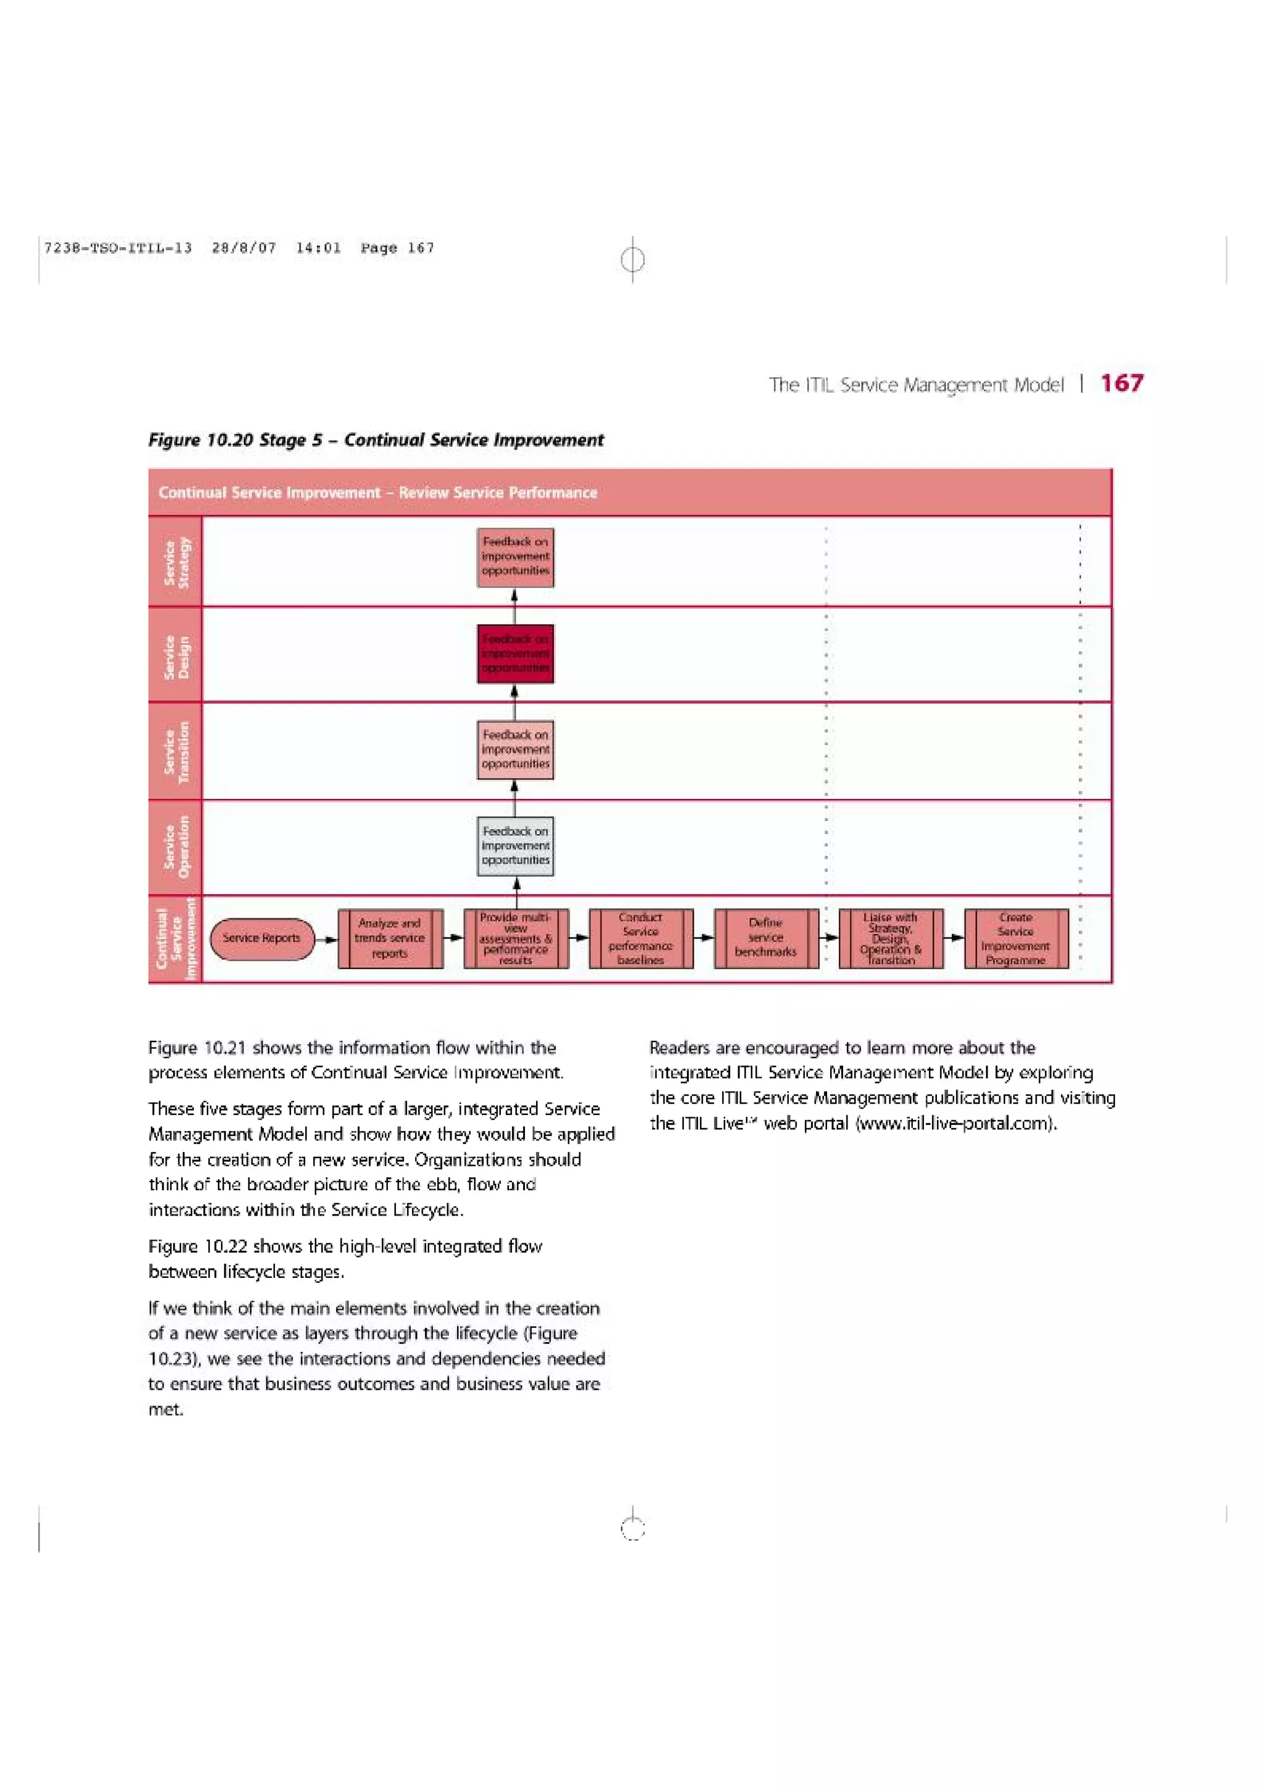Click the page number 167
(1121, 383)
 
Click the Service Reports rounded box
(261, 938)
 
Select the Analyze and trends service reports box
(390, 938)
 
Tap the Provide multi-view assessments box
(515, 938)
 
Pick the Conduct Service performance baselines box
(641, 938)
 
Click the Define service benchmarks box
(765, 938)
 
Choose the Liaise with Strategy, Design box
(891, 938)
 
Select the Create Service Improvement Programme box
(1015, 938)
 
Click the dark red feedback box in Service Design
(515, 654)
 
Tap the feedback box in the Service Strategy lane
(515, 556)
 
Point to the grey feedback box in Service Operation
(515, 846)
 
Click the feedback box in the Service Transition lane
(515, 749)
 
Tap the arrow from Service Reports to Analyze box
(327, 939)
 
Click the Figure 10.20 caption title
(376, 440)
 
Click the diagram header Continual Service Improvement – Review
(377, 493)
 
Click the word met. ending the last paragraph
(166, 1409)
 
